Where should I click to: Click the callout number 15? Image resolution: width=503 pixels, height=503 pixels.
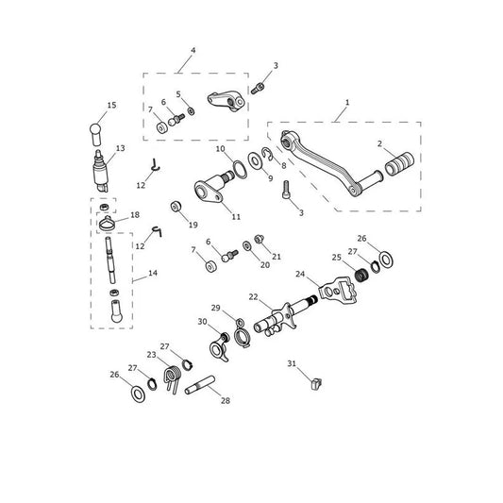point(111,105)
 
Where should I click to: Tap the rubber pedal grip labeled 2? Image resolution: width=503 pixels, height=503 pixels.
point(399,163)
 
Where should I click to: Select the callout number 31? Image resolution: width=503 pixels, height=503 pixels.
point(292,363)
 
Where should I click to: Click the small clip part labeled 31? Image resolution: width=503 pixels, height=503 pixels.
point(316,384)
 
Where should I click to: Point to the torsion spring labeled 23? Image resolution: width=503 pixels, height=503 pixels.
point(173,377)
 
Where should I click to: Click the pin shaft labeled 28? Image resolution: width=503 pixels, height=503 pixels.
point(199,385)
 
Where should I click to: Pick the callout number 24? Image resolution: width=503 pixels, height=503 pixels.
point(300,274)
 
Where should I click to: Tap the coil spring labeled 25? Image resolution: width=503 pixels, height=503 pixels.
point(361,276)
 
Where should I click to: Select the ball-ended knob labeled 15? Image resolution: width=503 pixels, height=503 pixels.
point(95,134)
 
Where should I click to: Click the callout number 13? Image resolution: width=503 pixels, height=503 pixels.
point(120,148)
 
